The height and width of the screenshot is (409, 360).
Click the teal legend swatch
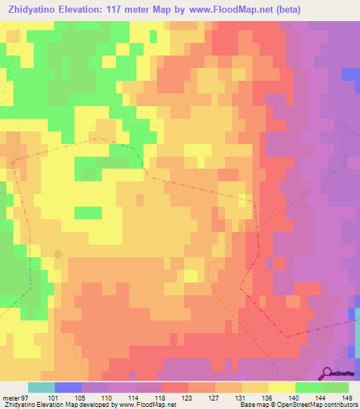coord(41,387)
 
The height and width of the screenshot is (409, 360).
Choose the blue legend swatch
coord(68,387)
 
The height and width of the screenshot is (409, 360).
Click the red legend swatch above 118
coord(175,387)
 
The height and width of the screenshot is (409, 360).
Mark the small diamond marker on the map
coord(58,254)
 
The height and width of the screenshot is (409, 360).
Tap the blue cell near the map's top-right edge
coord(349,74)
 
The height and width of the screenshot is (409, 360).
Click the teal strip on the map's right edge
coord(357,320)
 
